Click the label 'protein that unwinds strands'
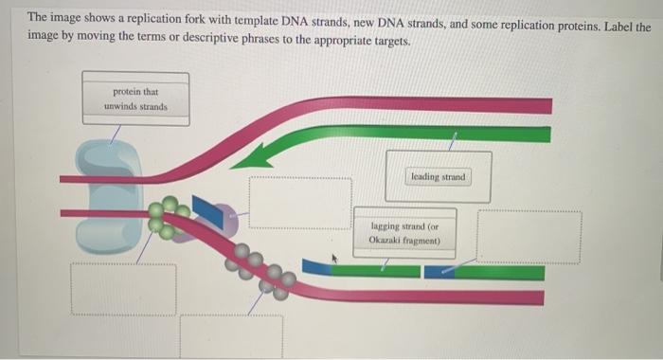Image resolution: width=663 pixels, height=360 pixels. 135,99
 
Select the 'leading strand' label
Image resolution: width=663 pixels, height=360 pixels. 439,177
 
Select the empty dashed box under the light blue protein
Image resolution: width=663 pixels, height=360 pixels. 122,290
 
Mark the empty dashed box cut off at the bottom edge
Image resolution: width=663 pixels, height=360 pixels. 231,336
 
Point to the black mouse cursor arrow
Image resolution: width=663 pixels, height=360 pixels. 333,256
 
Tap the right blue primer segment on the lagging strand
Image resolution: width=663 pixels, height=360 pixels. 439,272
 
